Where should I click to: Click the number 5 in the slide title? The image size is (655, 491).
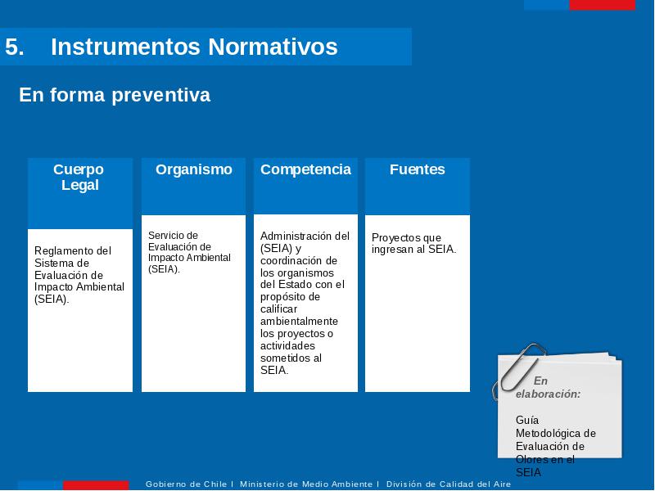(15, 47)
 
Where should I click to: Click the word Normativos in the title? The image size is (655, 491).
(273, 47)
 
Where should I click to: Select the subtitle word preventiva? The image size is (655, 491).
(160, 95)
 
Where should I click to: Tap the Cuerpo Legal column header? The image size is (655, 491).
(79, 177)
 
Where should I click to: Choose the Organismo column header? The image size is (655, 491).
(194, 169)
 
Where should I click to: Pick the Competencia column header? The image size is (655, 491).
(305, 169)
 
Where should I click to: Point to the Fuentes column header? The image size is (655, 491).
(418, 169)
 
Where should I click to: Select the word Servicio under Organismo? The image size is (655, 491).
(166, 236)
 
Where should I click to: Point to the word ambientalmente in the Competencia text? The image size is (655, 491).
(299, 322)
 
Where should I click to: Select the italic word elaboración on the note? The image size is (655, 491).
(548, 394)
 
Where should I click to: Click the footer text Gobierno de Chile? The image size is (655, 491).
(186, 484)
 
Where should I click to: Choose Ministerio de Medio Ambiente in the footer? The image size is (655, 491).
(306, 484)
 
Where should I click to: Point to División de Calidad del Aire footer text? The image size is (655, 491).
(449, 484)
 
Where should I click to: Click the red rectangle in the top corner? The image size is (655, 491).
(603, 5)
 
